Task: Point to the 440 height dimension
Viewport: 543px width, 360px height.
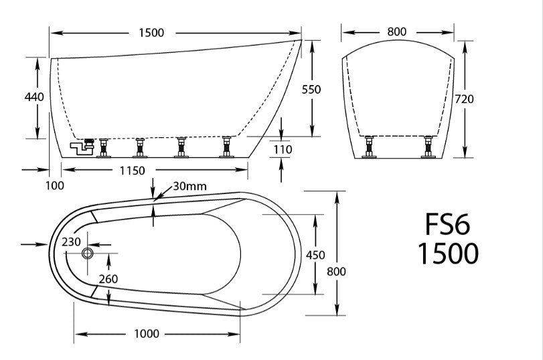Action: [33, 98]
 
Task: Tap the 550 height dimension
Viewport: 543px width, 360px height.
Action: [312, 89]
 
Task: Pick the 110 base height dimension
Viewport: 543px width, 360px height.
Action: [282, 149]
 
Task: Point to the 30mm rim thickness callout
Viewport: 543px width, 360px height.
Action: [189, 187]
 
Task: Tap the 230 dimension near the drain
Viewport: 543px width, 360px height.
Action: [72, 242]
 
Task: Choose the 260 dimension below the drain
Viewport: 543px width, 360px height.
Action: [108, 278]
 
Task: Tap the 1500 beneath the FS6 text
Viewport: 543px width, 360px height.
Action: [448, 254]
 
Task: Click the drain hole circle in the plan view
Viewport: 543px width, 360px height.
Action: [87, 254]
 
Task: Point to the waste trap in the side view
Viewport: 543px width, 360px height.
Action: [83, 145]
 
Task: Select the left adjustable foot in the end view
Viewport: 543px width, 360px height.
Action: [368, 147]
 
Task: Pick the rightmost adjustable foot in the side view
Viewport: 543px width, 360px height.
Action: [226, 147]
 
